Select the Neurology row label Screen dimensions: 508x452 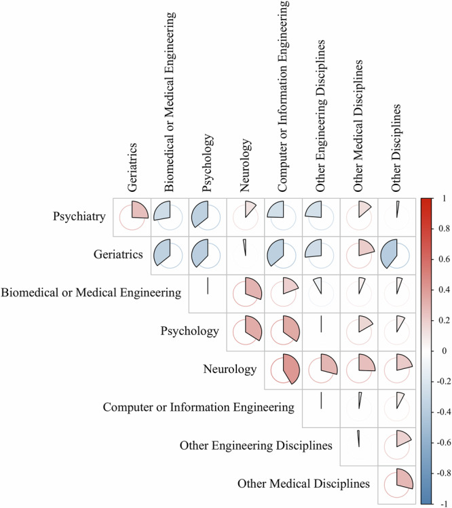(x=229, y=370)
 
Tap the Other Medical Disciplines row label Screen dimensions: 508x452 (x=303, y=484)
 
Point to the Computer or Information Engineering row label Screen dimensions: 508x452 (x=198, y=408)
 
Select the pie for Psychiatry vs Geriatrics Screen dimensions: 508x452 (x=133, y=217)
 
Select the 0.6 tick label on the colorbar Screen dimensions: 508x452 (x=443, y=260)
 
